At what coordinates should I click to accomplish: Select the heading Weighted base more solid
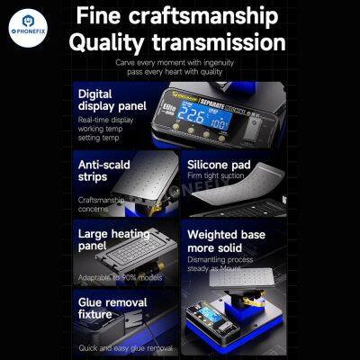pyautogui.click(x=226, y=242)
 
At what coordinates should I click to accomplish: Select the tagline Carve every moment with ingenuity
pyautogui.click(x=180, y=62)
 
